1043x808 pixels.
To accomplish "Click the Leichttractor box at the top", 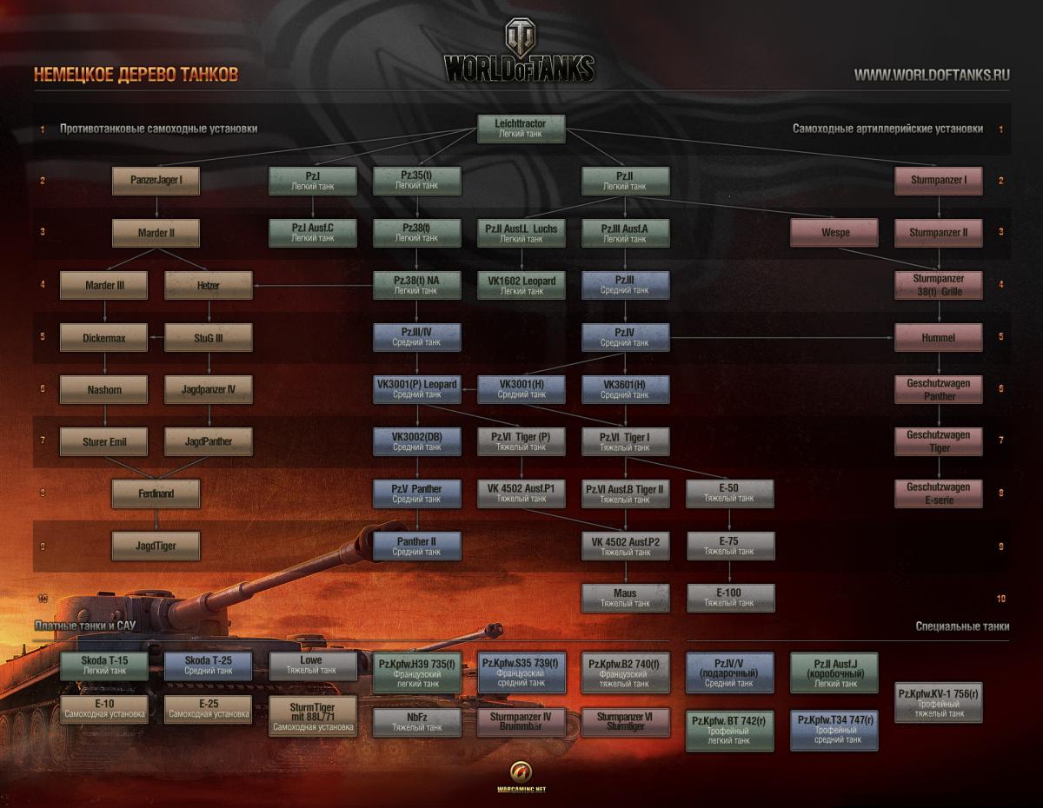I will [521, 129].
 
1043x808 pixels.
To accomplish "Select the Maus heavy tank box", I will [626, 598].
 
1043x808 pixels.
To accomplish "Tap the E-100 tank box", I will [730, 598].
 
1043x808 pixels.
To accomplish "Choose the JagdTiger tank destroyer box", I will [156, 546].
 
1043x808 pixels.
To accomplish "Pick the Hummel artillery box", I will [939, 337].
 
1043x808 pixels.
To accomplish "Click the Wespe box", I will [834, 233].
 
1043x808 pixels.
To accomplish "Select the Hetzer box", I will [209, 285].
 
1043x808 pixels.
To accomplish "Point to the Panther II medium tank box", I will [417, 546].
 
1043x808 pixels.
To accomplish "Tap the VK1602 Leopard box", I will [521, 285].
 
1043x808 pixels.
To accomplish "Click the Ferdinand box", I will [156, 493].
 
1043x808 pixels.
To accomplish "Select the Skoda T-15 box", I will [104, 666].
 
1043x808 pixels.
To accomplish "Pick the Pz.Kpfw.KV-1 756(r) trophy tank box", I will [939, 702].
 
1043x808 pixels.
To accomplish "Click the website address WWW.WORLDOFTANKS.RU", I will [932, 75].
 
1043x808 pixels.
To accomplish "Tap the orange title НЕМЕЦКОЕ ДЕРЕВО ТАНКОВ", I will [136, 75].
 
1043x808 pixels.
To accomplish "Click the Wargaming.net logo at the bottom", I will [521, 776].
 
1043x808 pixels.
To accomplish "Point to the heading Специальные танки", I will [962, 626].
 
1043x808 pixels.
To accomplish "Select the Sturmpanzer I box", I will [939, 181].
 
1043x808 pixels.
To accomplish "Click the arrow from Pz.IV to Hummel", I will [782, 337].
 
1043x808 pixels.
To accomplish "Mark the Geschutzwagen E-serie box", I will [939, 493].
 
